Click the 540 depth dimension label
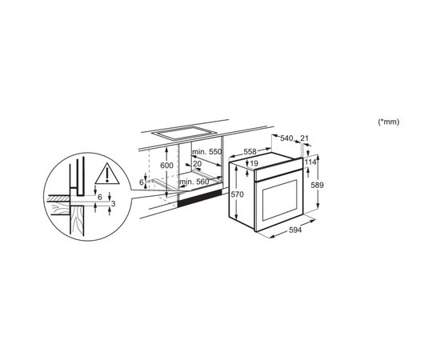click(286, 138)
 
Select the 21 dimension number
click(305, 138)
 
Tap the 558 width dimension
click(250, 151)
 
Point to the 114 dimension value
click(310, 162)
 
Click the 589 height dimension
click(318, 185)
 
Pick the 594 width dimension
click(295, 230)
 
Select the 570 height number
click(238, 194)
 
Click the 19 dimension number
click(254, 163)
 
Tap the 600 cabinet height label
click(166, 166)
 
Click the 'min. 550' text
click(207, 152)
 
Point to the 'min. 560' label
click(194, 182)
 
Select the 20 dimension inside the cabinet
click(198, 163)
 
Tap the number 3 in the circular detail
click(113, 204)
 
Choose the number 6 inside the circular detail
click(100, 198)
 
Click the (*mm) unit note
click(389, 122)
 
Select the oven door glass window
click(280, 200)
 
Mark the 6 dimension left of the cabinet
click(142, 182)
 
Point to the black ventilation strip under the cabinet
click(200, 198)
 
